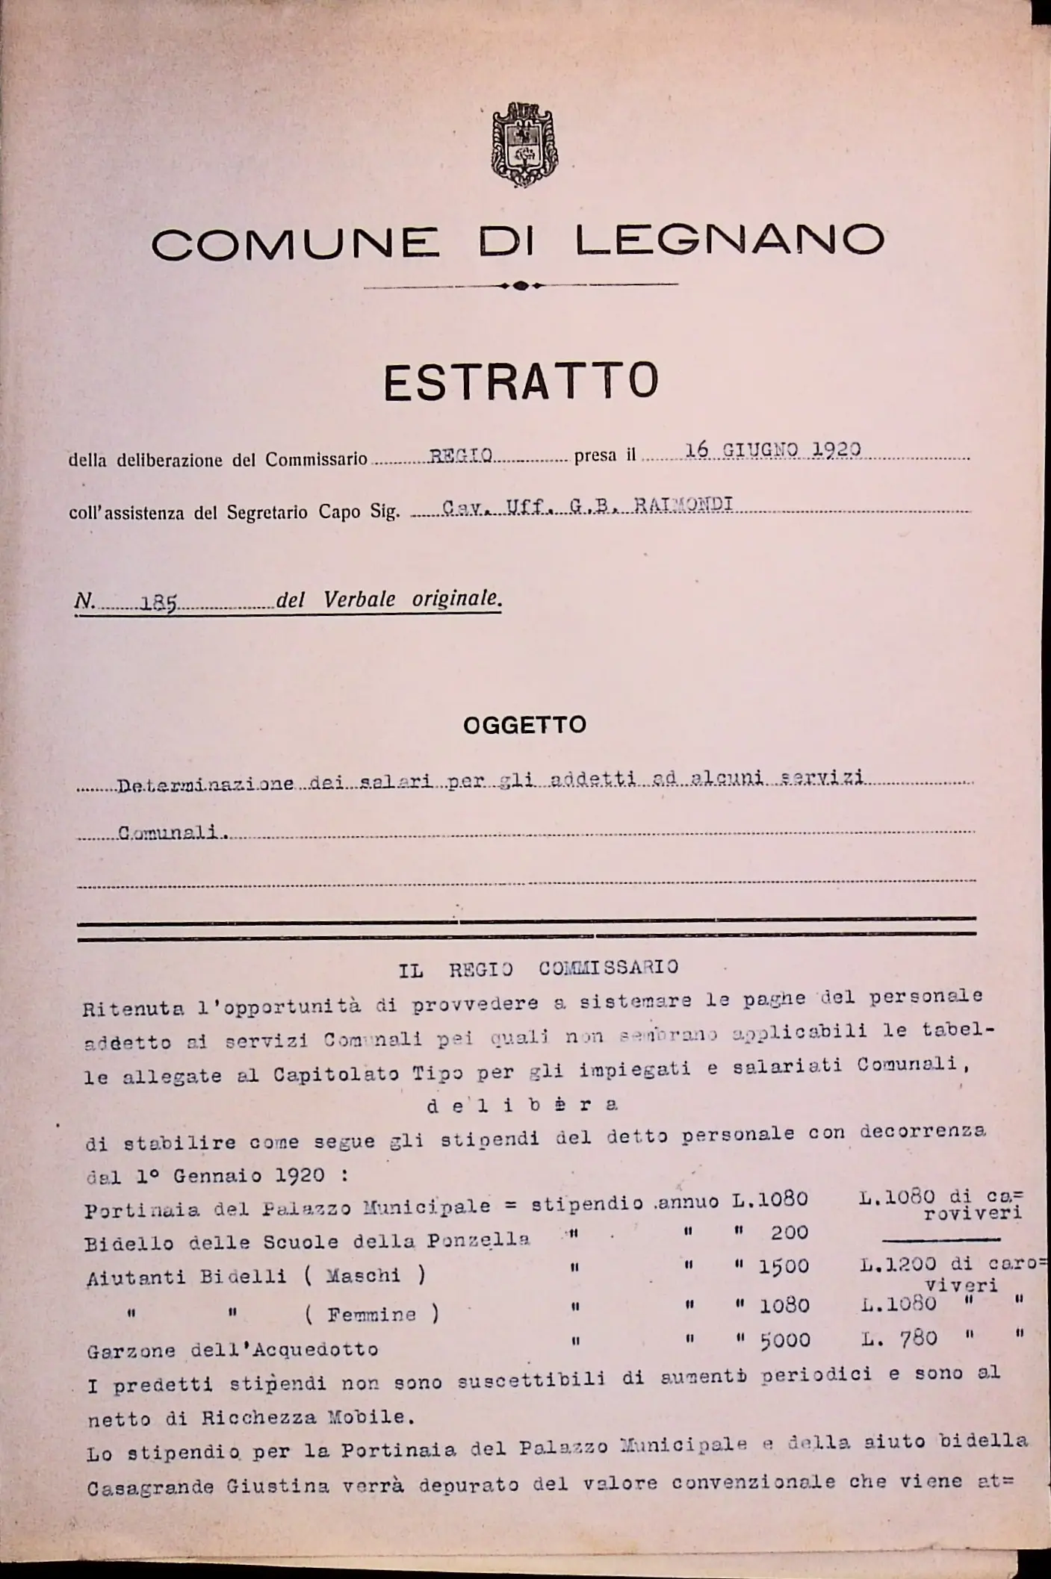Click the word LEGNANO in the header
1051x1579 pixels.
tap(730, 240)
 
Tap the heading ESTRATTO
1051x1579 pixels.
tap(521, 381)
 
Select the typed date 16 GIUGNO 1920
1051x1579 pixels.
tap(772, 449)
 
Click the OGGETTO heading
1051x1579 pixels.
tap(524, 725)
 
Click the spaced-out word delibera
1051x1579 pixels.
tap(522, 1106)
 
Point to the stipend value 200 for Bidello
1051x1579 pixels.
tap(789, 1233)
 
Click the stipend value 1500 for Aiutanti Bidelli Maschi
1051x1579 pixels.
tap(784, 1266)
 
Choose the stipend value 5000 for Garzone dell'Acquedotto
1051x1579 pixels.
tap(785, 1339)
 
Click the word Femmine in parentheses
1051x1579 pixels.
tap(371, 1313)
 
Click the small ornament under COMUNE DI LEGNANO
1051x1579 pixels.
tap(521, 285)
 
